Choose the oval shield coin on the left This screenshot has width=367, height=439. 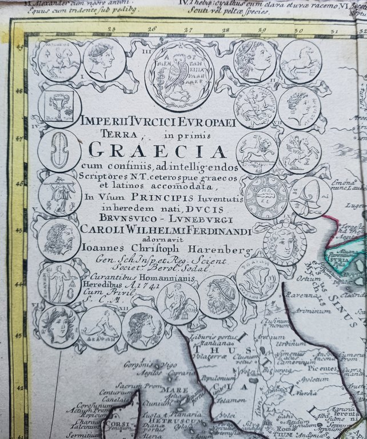[x=59, y=150]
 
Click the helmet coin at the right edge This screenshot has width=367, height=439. [x=310, y=197]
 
